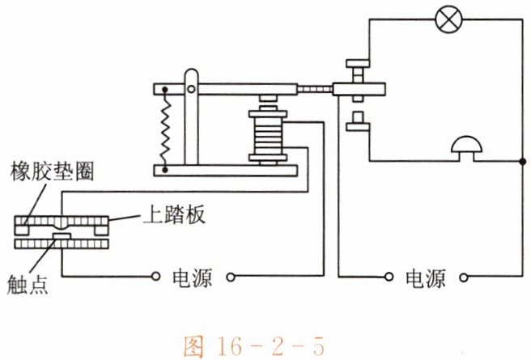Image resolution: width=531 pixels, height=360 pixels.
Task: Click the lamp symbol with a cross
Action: pos(446,17)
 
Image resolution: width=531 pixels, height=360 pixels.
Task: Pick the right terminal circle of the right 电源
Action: pos(465,277)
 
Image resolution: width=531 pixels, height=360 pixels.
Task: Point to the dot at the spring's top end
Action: pos(166,89)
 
